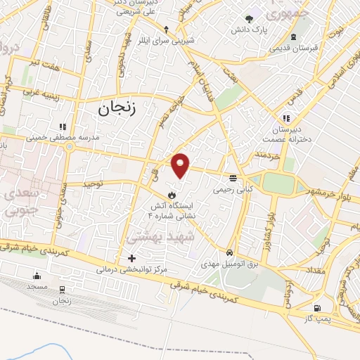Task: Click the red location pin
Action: coord(181,165)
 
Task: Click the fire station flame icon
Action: coord(172,193)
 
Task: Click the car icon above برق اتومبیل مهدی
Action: coord(230,252)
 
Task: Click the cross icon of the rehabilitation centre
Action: coord(131,258)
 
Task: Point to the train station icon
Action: coord(62,289)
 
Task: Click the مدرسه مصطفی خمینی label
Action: coord(59,138)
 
